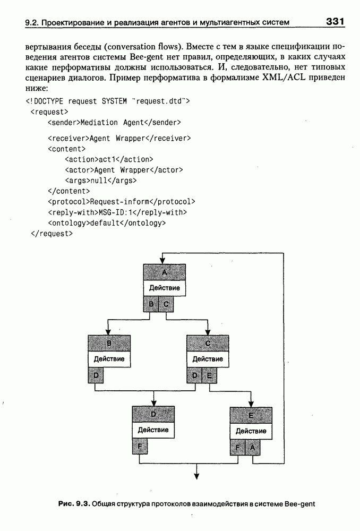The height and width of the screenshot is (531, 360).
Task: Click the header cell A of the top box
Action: point(164,272)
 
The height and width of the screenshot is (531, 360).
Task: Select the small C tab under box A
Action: point(166,304)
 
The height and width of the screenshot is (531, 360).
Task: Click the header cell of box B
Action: point(109,343)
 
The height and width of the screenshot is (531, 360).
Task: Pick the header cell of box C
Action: point(208,343)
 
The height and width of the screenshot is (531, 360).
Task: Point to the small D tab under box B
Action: point(95,375)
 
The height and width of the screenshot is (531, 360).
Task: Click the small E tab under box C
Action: point(210,375)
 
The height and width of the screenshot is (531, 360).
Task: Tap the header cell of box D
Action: point(153,414)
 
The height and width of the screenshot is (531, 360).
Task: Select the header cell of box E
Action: point(251,416)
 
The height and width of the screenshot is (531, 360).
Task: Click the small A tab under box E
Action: point(253,448)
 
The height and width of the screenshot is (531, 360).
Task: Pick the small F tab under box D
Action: point(139,447)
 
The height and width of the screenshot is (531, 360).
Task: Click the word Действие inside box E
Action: point(251,431)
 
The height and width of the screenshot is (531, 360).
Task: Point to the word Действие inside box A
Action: point(164,288)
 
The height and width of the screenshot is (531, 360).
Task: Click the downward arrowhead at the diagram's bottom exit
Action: point(196,475)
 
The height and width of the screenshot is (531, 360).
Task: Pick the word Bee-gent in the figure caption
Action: point(300,503)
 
